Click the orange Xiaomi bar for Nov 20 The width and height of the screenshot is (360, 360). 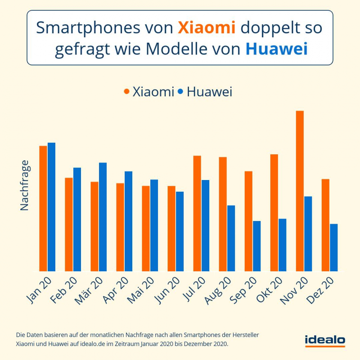click(299, 191)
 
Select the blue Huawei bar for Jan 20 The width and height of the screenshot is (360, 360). click(51, 207)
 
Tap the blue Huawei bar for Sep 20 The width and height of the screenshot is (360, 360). click(256, 246)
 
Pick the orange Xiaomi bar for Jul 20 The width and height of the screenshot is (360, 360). click(197, 214)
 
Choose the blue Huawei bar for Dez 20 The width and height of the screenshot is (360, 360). click(333, 247)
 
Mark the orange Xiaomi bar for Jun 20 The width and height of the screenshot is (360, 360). click(171, 229)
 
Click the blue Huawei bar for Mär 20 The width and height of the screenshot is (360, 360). click(103, 217)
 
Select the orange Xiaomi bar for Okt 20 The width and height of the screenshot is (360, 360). click(274, 213)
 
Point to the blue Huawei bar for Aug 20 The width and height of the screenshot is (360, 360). click(231, 238)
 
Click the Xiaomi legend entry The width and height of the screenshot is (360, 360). click(148, 92)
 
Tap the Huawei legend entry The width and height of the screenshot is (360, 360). click(204, 92)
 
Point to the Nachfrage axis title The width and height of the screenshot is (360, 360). click(24, 185)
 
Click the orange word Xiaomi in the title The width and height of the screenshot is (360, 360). click(207, 28)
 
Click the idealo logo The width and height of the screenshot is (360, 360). click(325, 341)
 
